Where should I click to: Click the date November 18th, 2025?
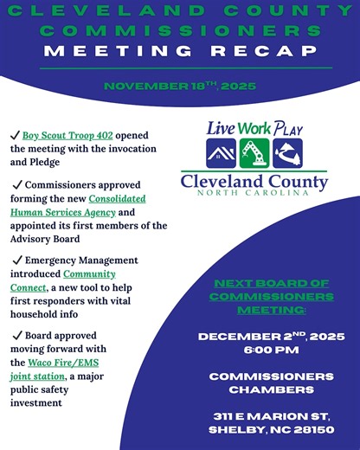179,87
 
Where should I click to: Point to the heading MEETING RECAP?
179,50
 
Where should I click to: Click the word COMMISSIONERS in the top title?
179,28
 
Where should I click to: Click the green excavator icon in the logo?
254,154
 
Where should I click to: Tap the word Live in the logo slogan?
220,128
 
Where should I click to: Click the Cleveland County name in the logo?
254,182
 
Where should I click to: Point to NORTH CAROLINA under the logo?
254,193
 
